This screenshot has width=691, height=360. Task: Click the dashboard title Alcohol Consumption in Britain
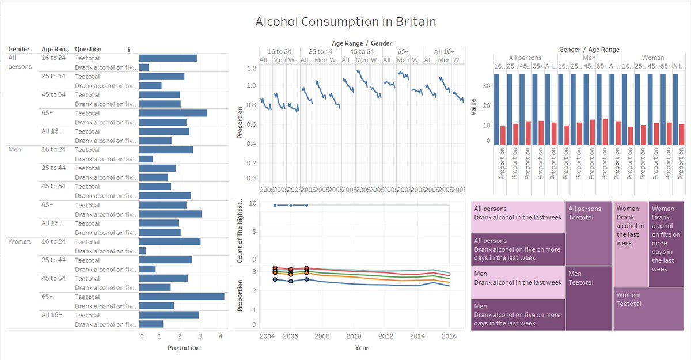[345, 22]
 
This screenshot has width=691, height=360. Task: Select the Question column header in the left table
[88, 49]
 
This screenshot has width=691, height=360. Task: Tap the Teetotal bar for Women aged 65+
[181, 297]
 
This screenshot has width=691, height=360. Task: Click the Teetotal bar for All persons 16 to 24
[168, 58]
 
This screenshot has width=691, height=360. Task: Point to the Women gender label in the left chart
[20, 241]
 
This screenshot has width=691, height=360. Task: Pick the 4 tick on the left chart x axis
[220, 336]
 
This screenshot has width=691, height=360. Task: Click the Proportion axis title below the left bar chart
[184, 348]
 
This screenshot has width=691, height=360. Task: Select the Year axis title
[362, 348]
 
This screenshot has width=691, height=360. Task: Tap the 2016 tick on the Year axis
[449, 336]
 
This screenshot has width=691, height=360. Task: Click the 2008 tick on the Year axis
[321, 336]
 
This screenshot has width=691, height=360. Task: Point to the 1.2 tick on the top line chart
[250, 68]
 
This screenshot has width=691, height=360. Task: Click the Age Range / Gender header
[362, 43]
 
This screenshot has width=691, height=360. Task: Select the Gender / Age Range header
[589, 50]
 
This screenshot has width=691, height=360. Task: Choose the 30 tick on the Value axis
[487, 86]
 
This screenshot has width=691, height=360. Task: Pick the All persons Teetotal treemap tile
[589, 233]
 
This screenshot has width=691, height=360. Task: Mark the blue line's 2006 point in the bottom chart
[291, 281]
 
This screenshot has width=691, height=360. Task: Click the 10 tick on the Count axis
[253, 203]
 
